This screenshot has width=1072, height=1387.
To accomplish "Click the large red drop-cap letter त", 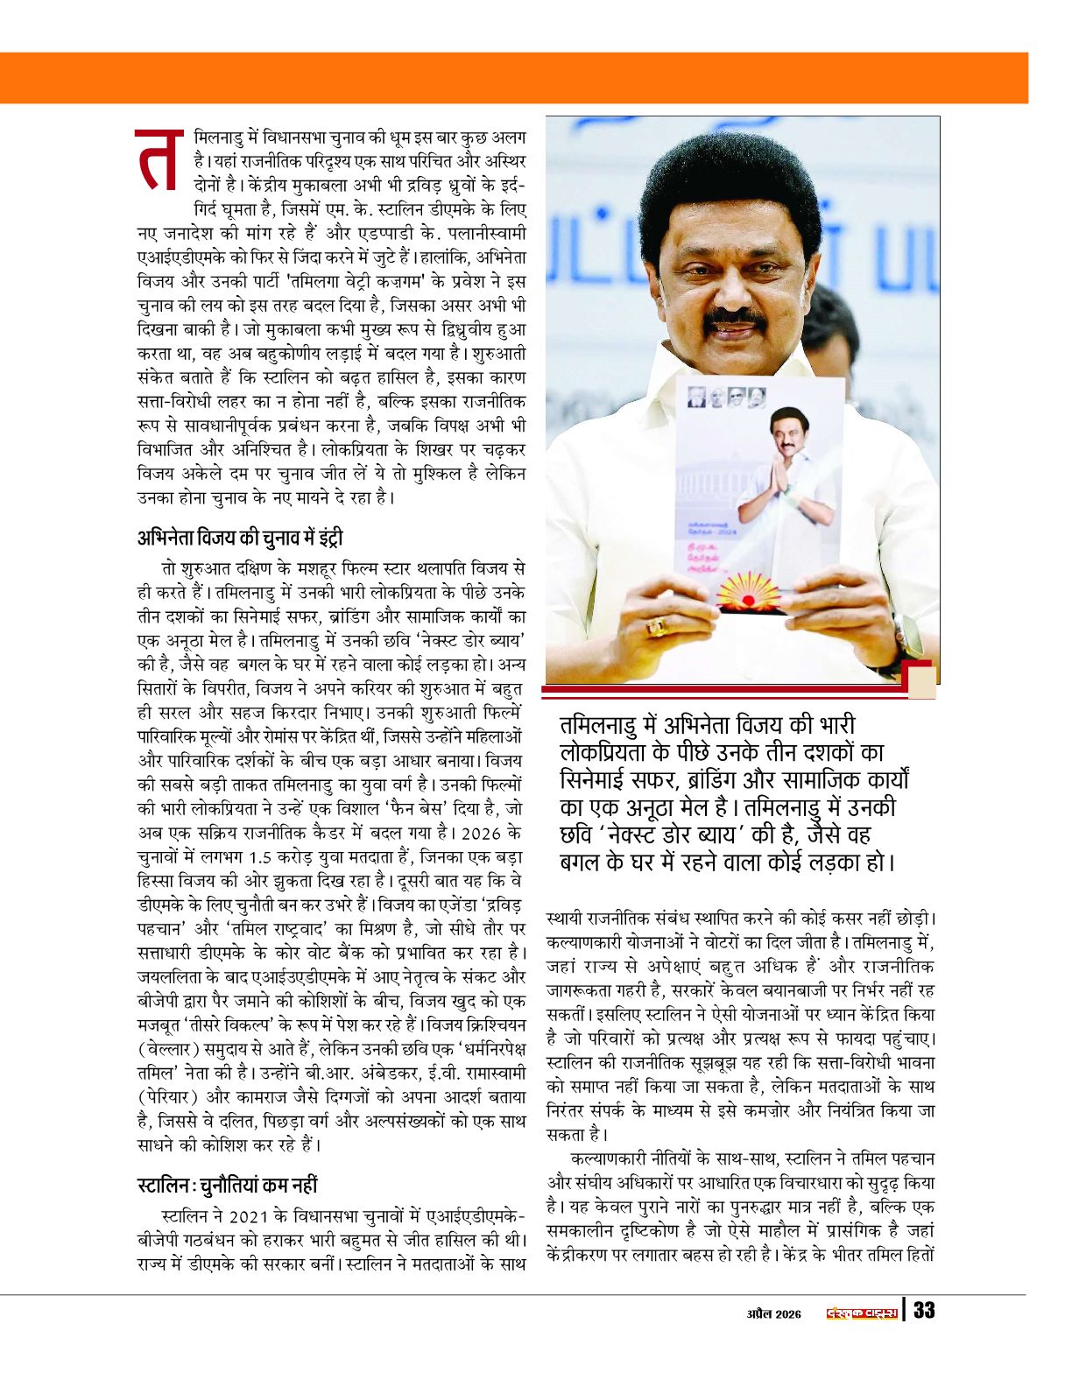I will click(159, 161).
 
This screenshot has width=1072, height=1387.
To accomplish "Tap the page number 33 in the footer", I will click(923, 1311).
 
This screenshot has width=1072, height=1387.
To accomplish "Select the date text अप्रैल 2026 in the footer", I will click(773, 1313).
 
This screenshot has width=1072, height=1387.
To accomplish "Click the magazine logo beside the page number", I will click(862, 1312).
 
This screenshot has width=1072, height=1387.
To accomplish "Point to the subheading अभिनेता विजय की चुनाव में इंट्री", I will click(246, 537).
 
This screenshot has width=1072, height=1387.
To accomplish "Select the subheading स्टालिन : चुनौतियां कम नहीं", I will click(227, 1186).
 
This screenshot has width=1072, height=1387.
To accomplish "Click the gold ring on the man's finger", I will click(655, 626).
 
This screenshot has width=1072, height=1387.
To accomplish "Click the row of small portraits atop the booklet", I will click(726, 397).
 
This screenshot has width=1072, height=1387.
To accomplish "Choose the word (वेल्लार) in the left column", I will click(169, 1049).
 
